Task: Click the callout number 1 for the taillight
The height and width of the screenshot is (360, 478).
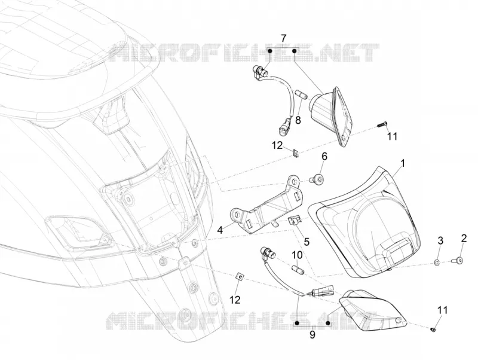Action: pos(403,163)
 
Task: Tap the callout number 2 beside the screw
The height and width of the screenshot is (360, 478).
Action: pos(464,238)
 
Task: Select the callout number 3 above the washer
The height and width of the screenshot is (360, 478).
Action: pos(440,240)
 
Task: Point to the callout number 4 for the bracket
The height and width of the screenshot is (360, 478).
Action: pos(220,230)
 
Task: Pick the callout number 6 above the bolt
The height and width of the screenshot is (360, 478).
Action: pos(324,157)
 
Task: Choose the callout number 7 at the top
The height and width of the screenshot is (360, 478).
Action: pos(283,39)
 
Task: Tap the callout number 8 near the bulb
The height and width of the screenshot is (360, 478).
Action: pos(298,120)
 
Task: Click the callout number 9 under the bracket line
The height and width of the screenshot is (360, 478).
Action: pos(312,335)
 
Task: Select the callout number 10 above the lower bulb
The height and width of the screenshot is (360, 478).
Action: pos(297,255)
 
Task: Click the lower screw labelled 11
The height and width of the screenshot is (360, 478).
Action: pos(434,329)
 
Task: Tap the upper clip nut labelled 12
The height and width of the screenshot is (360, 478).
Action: pos(295,153)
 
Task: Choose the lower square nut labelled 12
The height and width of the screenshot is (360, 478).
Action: pos(241,276)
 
